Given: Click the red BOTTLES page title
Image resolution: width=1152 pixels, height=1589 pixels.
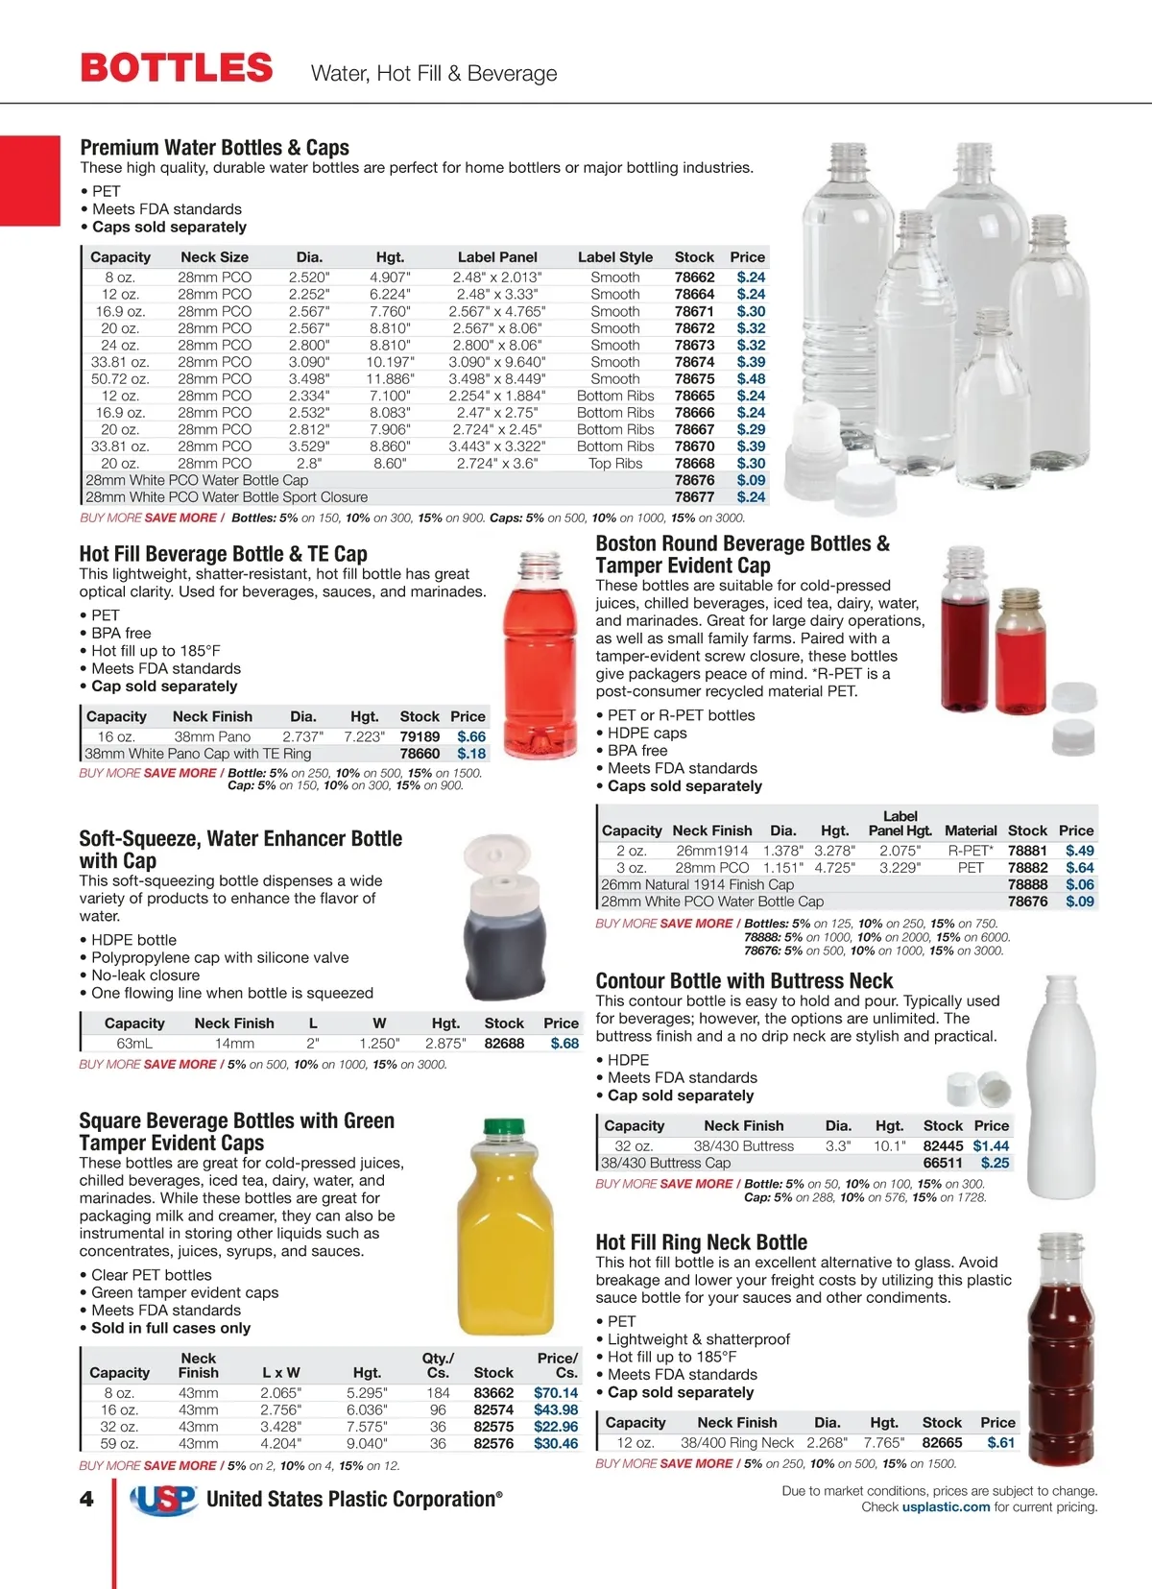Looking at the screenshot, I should (x=177, y=68).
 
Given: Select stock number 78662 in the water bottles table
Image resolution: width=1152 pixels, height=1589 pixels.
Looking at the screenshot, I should (x=694, y=277).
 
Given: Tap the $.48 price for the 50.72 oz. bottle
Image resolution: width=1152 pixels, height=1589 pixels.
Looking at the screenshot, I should (x=751, y=379).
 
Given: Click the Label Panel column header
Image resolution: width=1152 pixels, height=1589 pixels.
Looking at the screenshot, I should (x=497, y=257).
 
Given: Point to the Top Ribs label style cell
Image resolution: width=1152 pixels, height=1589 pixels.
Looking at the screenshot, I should (x=615, y=464).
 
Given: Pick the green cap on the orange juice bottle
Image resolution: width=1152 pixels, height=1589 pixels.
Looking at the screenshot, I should (x=504, y=1127).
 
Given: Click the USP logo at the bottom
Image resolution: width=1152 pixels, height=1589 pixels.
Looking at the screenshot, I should (x=163, y=1499).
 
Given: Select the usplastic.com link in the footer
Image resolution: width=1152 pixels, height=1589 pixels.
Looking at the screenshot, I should (x=946, y=1507).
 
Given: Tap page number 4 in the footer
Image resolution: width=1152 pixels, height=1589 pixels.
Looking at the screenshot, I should (x=87, y=1499).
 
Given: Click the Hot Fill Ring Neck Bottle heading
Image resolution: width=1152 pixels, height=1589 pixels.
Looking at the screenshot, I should (x=701, y=1242).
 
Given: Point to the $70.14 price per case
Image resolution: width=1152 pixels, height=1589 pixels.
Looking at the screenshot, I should (x=556, y=1393).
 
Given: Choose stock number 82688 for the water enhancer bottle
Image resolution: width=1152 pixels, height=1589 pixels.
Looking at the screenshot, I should (x=504, y=1044).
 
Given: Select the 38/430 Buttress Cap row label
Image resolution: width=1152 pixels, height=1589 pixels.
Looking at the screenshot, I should (x=665, y=1164).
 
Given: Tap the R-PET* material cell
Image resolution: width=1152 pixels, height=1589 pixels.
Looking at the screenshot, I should (x=971, y=851).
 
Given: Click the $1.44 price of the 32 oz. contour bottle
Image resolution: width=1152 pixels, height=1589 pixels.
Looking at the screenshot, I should (x=991, y=1146).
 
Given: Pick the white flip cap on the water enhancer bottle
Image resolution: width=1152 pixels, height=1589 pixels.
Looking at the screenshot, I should (x=498, y=859).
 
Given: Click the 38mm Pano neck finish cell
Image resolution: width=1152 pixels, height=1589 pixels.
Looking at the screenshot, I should (x=212, y=736).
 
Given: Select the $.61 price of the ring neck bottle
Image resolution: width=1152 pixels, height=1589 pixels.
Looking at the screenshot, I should (x=1000, y=1443).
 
